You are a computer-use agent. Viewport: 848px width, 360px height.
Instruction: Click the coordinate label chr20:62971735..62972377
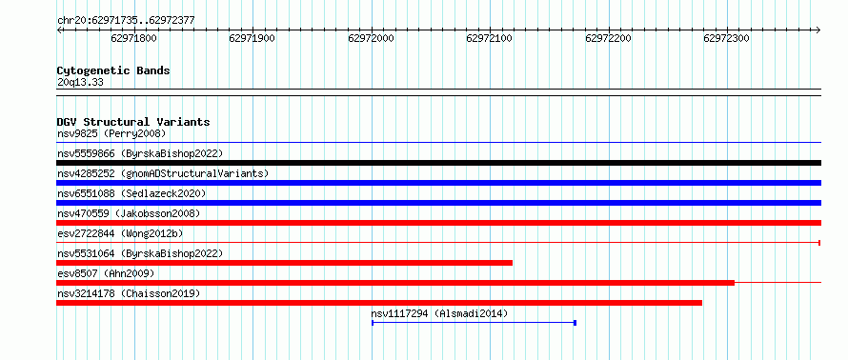[x=126, y=21]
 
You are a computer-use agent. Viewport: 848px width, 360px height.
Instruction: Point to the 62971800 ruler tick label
[x=133, y=39]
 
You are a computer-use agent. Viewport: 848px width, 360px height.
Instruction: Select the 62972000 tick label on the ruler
[x=371, y=39]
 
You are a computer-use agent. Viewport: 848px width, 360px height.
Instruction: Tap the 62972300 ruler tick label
[x=726, y=39]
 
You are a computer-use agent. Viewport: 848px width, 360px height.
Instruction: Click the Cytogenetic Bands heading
[x=113, y=70]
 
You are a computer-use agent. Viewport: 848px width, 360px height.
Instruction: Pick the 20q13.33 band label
[x=80, y=83]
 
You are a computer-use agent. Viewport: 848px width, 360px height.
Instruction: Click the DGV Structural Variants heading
[x=133, y=122]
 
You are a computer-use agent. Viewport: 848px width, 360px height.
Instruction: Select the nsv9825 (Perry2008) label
[x=111, y=133]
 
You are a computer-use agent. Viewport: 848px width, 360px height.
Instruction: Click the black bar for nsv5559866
[x=438, y=163]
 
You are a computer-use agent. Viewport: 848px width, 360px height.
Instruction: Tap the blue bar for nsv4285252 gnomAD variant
[x=438, y=183]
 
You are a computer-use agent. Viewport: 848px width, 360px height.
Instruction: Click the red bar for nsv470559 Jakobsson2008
[x=438, y=223]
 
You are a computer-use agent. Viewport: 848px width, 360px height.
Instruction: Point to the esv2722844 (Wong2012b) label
[x=120, y=233]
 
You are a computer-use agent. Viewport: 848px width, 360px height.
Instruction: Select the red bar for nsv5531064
[x=285, y=263]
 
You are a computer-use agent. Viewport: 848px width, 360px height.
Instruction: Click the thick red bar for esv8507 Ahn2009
[x=395, y=283]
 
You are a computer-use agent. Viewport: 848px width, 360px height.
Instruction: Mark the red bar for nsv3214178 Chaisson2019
[x=379, y=303]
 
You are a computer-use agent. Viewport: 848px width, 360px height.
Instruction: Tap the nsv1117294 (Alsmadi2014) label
[x=439, y=313]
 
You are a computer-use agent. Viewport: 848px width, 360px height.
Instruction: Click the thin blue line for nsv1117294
[x=474, y=323]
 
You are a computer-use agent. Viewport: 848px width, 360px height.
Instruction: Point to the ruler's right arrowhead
[x=818, y=30]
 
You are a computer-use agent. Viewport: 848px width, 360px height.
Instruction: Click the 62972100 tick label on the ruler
[x=489, y=39]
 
